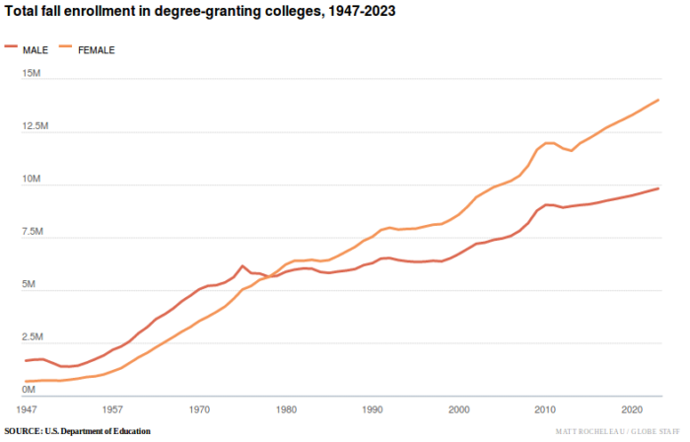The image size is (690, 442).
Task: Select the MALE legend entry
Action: [29, 48]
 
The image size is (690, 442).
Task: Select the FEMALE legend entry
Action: [88, 48]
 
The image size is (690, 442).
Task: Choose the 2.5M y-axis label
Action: [34, 337]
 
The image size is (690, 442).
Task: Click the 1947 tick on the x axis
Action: [28, 408]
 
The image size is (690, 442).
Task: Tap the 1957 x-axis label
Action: [112, 408]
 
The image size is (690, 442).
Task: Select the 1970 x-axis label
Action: [199, 408]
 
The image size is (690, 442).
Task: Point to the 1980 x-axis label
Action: [286, 408]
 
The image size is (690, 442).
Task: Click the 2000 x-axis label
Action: [458, 408]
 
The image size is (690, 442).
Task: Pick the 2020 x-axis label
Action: [631, 408]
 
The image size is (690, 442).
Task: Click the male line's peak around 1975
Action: [242, 266]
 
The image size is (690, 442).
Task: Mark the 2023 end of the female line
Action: [657, 100]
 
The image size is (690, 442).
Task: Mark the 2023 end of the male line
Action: [657, 188]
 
